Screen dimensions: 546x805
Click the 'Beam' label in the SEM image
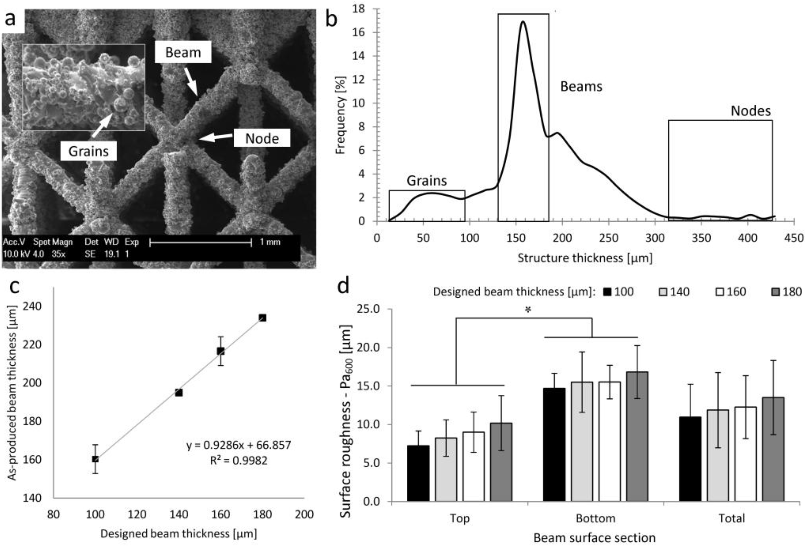[x=183, y=52]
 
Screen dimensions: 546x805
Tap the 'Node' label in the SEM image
[x=262, y=138]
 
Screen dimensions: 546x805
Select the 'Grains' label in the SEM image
[x=88, y=151]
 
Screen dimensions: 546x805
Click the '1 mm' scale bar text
[x=270, y=242]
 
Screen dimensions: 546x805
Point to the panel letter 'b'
[x=331, y=20]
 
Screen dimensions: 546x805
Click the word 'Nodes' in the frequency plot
[x=751, y=111]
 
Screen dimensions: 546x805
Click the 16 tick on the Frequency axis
[x=359, y=33]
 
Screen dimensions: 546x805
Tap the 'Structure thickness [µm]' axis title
[x=585, y=258]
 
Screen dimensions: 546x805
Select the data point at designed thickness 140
[x=179, y=393]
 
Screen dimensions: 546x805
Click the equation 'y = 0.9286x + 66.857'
[x=239, y=445]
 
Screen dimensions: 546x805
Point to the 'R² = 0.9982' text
[x=239, y=460]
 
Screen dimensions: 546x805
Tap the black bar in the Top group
[x=418, y=473]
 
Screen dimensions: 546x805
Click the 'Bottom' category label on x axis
[x=595, y=519]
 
